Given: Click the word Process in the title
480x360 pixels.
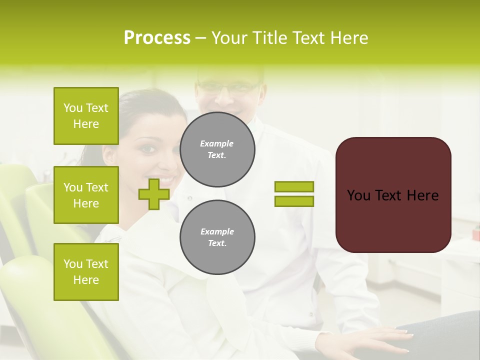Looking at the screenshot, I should [x=157, y=38].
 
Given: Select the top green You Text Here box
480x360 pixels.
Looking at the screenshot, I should [x=86, y=116].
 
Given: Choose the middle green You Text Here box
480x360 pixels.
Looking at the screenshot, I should [x=86, y=195].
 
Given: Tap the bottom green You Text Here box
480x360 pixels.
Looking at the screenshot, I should [x=86, y=271].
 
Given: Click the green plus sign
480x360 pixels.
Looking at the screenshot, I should [x=154, y=194].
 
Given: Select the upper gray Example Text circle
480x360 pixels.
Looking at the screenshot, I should [x=217, y=149].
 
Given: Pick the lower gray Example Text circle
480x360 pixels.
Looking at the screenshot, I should [x=217, y=237].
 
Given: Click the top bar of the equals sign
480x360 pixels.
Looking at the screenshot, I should [x=294, y=187].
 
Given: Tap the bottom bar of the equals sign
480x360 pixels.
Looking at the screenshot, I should [x=294, y=201].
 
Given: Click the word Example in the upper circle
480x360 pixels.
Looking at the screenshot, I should [x=217, y=143].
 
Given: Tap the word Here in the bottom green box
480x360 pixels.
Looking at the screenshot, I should [x=86, y=280].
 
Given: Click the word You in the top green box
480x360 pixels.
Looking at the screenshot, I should [x=73, y=108].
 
